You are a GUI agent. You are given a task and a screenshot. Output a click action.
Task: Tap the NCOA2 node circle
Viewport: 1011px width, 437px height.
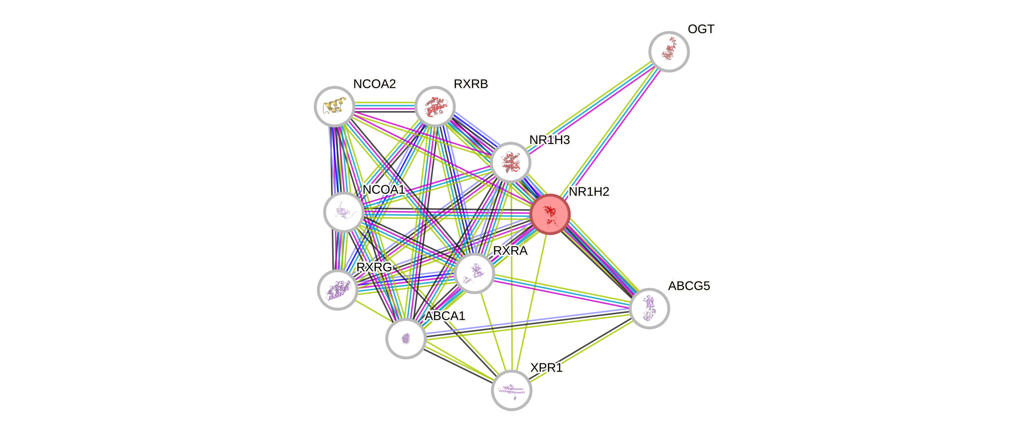tap(334, 106)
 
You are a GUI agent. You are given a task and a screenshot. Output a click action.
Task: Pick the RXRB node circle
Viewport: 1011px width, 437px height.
tap(435, 106)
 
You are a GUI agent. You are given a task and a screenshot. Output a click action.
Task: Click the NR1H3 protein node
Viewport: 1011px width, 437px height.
tap(511, 162)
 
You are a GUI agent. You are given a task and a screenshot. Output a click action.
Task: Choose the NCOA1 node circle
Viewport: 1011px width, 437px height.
tap(344, 212)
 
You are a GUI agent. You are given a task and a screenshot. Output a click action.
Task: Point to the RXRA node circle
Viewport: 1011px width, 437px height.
tap(474, 273)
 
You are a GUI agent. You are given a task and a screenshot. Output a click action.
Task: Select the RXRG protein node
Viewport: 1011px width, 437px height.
tap(338, 290)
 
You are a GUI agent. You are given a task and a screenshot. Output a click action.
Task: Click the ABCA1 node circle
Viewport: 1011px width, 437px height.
tap(406, 338)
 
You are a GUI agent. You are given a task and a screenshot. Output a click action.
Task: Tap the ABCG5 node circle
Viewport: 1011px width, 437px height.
tap(649, 308)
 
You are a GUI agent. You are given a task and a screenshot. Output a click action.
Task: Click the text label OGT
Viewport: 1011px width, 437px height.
tap(701, 29)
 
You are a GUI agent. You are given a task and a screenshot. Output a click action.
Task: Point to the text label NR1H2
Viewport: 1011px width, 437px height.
tap(589, 191)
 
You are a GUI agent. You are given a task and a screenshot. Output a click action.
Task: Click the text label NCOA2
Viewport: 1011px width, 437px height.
tap(375, 84)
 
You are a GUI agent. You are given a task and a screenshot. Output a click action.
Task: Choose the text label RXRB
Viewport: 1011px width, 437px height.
tap(471, 84)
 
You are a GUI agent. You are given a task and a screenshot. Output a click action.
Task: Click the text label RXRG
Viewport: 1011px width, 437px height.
tap(374, 267)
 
